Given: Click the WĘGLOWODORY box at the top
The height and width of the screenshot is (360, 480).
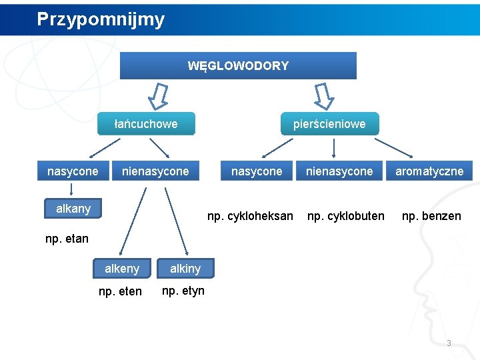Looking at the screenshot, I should (x=238, y=66).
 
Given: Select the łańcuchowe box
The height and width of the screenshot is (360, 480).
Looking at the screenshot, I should (x=146, y=123).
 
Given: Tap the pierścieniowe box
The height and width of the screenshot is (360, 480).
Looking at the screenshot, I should (x=329, y=123).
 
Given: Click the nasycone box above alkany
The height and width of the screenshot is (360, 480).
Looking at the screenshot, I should (x=73, y=171).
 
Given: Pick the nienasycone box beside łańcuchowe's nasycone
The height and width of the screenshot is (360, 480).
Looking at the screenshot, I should (x=155, y=171).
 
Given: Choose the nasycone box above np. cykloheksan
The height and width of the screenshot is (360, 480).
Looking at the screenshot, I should (x=257, y=171).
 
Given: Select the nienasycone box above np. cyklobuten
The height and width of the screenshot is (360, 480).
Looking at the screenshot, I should (x=339, y=171).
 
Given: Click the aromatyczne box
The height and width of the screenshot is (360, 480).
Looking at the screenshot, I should (x=429, y=171).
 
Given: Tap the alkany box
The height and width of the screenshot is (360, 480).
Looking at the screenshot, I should (x=73, y=209).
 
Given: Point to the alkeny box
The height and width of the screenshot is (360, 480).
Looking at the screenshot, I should (x=122, y=269).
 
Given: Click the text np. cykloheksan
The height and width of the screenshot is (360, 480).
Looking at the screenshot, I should (x=250, y=216).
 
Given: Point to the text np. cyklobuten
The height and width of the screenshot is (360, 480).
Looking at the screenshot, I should (x=345, y=216).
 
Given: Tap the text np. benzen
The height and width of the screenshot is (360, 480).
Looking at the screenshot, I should (x=431, y=216).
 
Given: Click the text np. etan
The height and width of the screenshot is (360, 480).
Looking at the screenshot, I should (x=67, y=239).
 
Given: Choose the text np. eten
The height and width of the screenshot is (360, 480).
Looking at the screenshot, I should (x=120, y=291).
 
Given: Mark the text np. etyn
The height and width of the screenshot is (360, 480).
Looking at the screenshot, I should (x=183, y=291).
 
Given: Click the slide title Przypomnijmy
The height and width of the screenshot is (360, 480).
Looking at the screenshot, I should (x=101, y=19).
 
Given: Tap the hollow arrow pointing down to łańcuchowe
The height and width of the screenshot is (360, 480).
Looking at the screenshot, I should (x=159, y=96).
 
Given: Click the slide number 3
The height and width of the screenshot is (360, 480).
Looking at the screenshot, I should (x=449, y=343).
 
